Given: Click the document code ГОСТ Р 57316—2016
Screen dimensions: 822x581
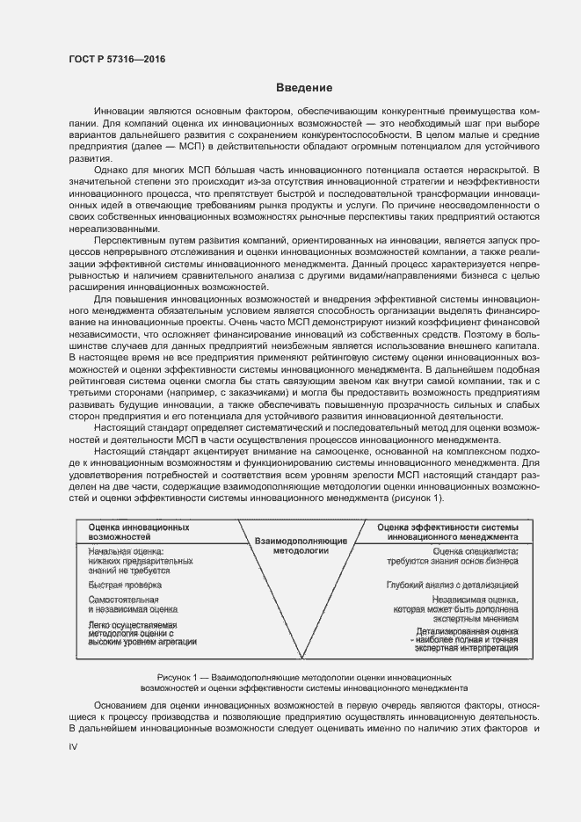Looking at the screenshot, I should [116, 59].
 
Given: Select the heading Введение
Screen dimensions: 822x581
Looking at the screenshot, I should [303, 88].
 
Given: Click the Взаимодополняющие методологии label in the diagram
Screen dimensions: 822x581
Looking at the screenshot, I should [302, 546].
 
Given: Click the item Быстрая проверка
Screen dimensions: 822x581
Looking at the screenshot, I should [125, 585].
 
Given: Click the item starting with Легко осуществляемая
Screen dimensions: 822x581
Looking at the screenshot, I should [142, 632].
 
